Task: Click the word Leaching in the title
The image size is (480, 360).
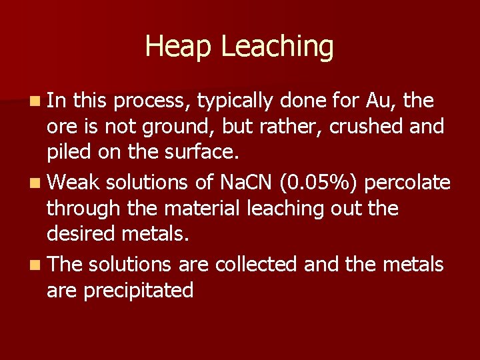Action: click(x=277, y=47)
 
